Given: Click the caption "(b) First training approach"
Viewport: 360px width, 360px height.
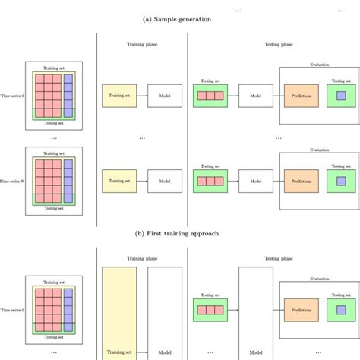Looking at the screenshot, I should (179, 233).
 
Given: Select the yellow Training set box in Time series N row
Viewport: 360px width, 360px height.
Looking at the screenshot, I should (119, 182).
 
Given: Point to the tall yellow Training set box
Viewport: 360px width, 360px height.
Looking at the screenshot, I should (119, 311).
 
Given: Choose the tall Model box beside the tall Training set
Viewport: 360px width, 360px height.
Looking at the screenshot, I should (165, 311).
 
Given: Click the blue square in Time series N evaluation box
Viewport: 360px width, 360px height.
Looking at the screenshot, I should (340, 182).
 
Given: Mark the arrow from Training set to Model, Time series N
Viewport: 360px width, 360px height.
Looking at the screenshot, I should (142, 182).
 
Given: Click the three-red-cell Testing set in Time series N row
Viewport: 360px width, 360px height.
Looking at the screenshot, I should (210, 182).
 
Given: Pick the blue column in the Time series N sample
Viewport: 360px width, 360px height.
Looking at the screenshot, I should (68, 178).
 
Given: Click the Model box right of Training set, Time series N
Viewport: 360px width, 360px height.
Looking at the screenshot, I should (165, 182).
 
